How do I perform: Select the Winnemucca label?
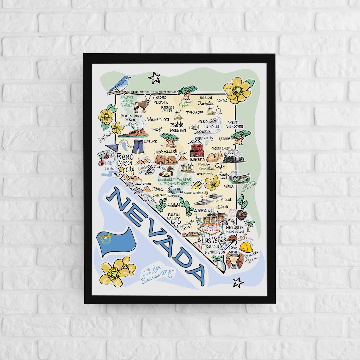pos(158,119)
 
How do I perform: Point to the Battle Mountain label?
pos(178,128)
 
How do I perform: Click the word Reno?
pos(125,157)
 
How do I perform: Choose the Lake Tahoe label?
pos(111,166)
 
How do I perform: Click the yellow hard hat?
pos(246,247)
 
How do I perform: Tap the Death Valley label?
pos(174,217)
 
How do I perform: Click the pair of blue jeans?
pos(138,146)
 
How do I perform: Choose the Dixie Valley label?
pos(165,152)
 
